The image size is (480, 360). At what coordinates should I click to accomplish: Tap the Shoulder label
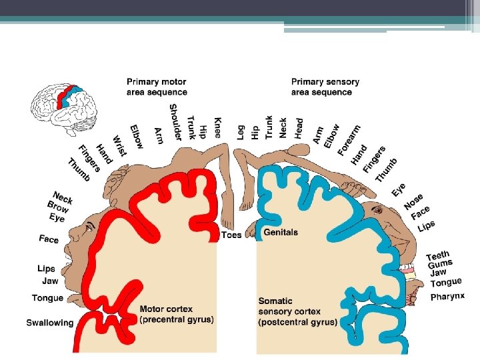[175, 122]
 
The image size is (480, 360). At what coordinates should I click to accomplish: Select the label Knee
[217, 127]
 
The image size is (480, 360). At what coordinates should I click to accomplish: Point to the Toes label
[231, 235]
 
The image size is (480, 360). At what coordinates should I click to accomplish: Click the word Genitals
[281, 233]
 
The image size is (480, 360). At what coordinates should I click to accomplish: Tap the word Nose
[413, 201]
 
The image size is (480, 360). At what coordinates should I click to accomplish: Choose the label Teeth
[438, 256]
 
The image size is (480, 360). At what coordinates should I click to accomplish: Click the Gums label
[440, 265]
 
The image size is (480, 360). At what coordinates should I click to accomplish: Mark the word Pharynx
[447, 296]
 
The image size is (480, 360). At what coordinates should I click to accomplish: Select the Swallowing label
[50, 323]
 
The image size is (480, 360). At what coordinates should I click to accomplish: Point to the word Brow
[58, 207]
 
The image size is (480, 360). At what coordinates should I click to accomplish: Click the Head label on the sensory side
[299, 128]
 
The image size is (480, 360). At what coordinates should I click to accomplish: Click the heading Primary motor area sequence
[157, 87]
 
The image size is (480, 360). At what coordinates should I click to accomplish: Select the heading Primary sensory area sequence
[325, 87]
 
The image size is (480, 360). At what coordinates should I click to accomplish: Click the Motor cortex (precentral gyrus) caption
[177, 314]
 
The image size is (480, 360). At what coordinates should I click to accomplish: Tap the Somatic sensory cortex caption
[297, 311]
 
